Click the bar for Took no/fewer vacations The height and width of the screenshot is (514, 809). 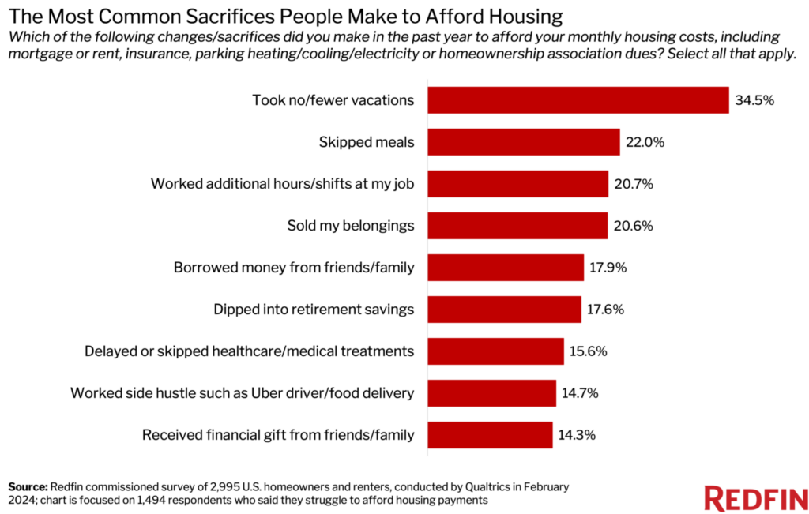coord(578,100)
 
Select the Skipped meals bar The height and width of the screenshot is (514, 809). coord(523,142)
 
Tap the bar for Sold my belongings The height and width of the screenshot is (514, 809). coord(517,226)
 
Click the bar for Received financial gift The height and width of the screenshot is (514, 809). coord(490,434)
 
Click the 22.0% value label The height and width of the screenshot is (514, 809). coord(645,142)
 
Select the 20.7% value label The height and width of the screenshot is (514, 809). coord(633,184)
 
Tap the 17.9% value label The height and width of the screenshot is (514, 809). coord(608,268)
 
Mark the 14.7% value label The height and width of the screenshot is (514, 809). coord(581,392)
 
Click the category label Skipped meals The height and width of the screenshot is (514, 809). coord(367,142)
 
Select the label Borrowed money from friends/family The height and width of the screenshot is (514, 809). coord(294,268)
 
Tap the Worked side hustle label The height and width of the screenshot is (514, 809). coord(243,392)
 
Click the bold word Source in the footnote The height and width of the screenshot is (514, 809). coord(28,486)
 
